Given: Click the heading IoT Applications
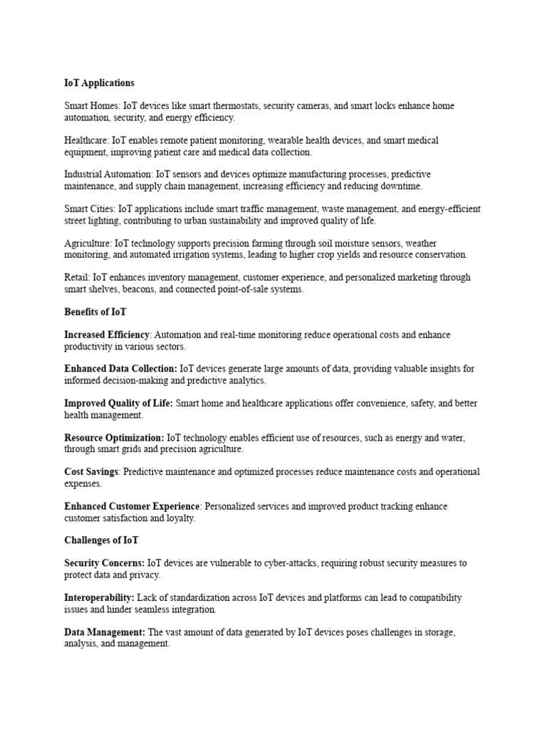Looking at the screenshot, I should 99,83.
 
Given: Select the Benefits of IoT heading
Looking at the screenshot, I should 95,312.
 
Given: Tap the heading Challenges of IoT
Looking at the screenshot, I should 101,540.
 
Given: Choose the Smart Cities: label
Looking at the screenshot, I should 90,209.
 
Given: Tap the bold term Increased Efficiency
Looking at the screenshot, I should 107,335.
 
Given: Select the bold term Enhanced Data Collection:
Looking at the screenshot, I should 120,369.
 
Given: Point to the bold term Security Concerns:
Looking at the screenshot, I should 104,563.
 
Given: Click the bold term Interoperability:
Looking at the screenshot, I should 99,597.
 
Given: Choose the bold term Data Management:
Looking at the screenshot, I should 105,631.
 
